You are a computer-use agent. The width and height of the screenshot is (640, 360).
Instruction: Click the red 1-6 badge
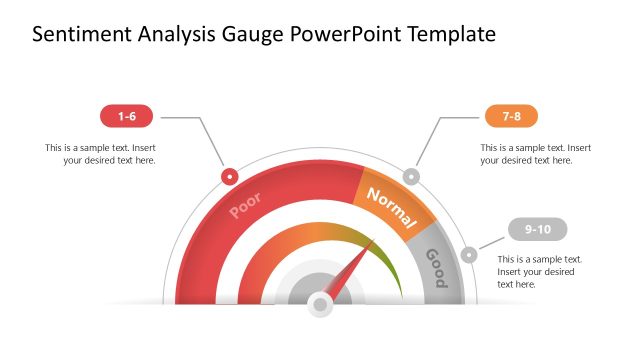pos(126,117)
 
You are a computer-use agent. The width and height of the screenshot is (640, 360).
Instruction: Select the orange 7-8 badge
pos(511,117)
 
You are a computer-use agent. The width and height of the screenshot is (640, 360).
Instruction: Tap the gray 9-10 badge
pos(537,230)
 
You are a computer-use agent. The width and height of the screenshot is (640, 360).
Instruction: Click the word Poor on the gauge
pos(246,205)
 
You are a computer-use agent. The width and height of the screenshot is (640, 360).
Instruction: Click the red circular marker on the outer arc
pos(230,176)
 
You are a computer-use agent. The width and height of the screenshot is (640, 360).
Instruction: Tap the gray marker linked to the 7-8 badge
pos(411,176)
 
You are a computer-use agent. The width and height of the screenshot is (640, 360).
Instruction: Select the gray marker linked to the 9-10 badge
pos(470,255)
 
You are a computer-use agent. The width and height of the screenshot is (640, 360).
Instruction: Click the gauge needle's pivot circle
pos(320,302)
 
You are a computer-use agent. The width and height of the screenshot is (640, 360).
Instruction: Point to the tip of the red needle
pos(373,240)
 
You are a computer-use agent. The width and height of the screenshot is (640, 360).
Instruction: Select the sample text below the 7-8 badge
pos(535,154)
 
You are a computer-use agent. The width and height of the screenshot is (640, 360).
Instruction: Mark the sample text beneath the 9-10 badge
pos(540,271)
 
